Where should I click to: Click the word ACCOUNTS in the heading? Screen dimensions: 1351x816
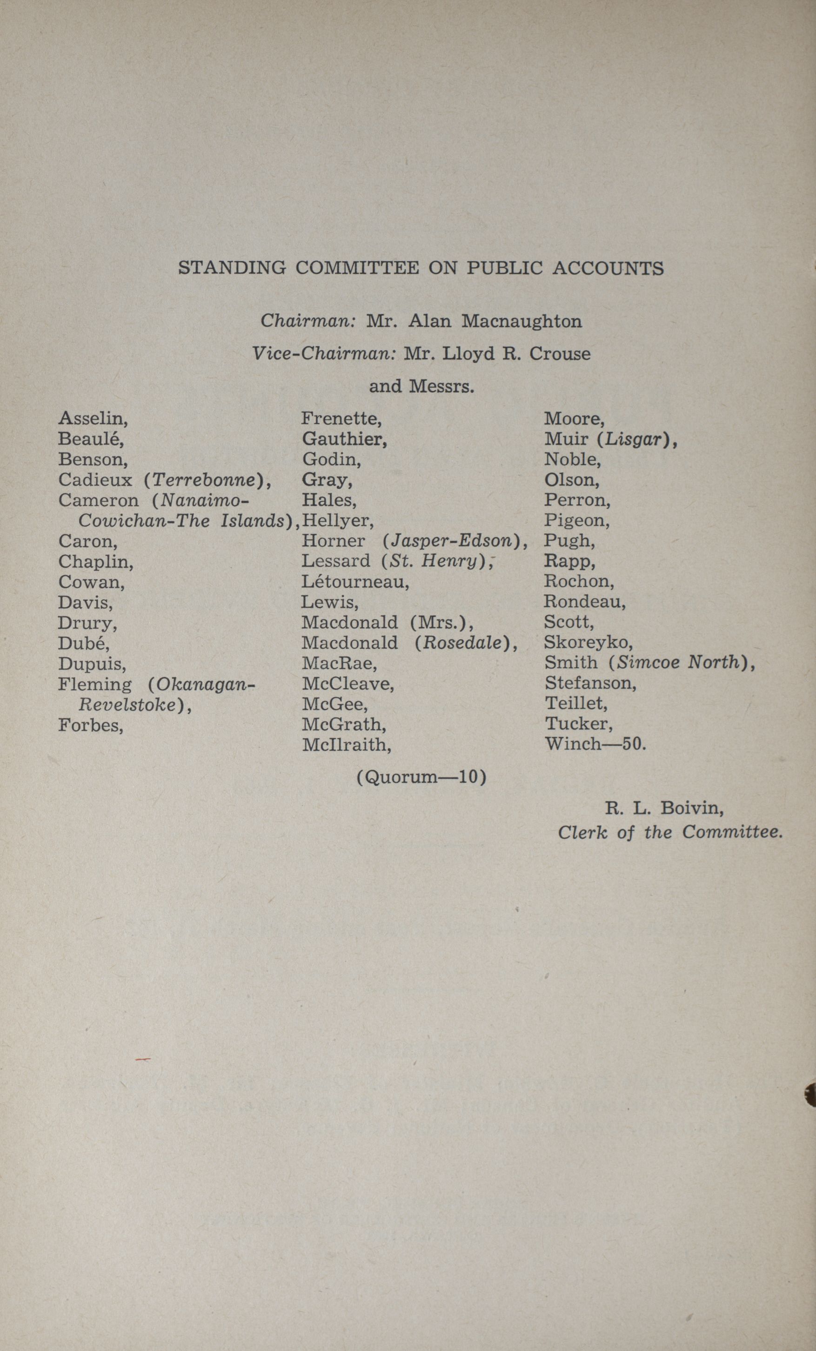(x=608, y=268)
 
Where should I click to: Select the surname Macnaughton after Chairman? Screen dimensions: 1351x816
(x=522, y=321)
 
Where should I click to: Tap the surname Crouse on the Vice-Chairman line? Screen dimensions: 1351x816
(x=560, y=354)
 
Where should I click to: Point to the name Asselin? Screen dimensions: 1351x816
(x=93, y=419)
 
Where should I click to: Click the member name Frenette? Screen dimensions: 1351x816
(x=341, y=419)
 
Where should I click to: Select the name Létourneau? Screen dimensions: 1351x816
(x=354, y=581)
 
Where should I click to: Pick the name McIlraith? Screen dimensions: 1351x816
(x=346, y=745)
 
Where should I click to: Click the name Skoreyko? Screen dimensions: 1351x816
(x=588, y=642)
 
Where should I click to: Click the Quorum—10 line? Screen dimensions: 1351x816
(x=421, y=778)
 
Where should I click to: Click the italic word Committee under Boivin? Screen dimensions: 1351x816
(x=731, y=832)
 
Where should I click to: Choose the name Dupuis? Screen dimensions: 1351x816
(x=92, y=664)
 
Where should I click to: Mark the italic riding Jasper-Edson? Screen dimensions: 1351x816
(x=452, y=541)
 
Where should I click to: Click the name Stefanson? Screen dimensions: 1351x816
(x=590, y=683)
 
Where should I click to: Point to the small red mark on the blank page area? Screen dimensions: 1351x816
(x=143, y=1061)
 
